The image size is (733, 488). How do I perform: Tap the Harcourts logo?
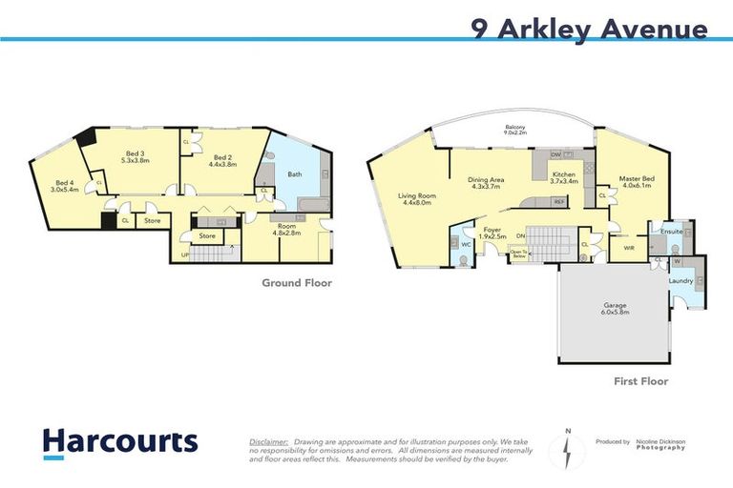pyautogui.click(x=120, y=441)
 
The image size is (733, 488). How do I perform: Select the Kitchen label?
pyautogui.click(x=564, y=176)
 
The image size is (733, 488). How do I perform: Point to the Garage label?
pyautogui.click(x=615, y=307)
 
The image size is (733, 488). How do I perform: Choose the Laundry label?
pyautogui.click(x=680, y=280)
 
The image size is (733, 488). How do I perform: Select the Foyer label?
pyautogui.click(x=492, y=233)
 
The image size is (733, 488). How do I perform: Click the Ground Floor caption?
pyautogui.click(x=297, y=283)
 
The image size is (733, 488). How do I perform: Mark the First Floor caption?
pyautogui.click(x=641, y=381)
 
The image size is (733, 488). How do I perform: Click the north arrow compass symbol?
pyautogui.click(x=568, y=450)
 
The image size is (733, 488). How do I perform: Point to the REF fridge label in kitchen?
pyautogui.click(x=559, y=202)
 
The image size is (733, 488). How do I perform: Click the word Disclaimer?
pyautogui.click(x=269, y=442)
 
